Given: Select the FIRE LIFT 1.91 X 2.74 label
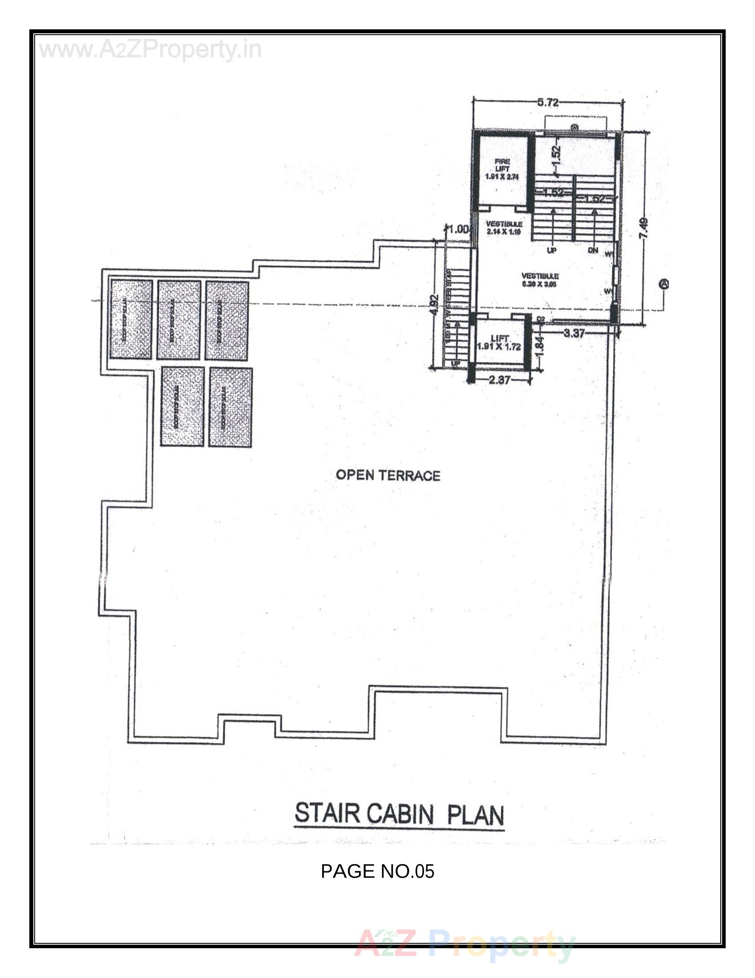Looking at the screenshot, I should coord(502,170).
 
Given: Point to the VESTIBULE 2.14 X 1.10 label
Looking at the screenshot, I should coord(504,228).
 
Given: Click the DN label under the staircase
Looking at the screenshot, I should coord(592,250).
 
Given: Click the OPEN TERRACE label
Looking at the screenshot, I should coord(387,475).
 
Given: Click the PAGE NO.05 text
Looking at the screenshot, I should coord(377,871).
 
